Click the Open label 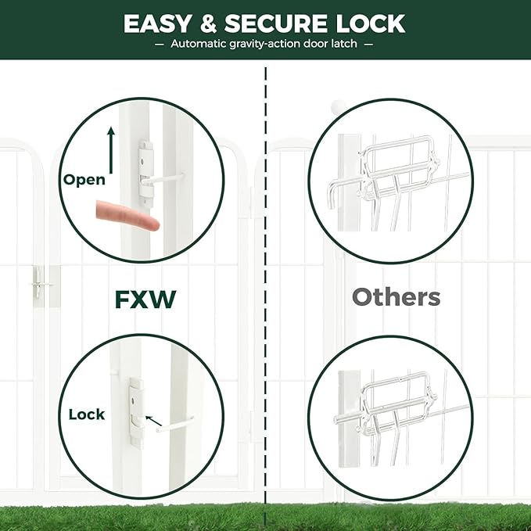point(84,180)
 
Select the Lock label point(87,414)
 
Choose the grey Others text point(396,297)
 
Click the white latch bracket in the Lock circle point(136,411)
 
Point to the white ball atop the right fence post point(337,106)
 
